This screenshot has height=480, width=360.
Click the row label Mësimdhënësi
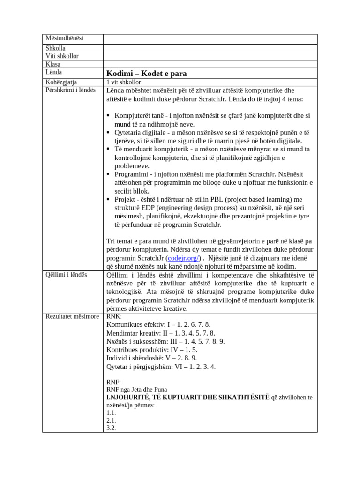tap(65, 38)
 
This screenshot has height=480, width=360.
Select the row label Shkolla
tap(56, 48)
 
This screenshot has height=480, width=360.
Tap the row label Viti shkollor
tap(62, 56)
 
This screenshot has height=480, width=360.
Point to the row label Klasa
tap(53, 64)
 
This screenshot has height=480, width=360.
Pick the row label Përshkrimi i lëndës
tap(70, 90)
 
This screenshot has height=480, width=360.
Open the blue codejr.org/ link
tap(184, 258)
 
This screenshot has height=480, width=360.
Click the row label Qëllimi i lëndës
tap(67, 274)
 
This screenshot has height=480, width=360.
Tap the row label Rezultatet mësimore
tap(72, 316)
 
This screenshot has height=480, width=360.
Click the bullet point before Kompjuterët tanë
tap(109, 116)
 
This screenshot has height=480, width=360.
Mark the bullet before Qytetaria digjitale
tap(109, 133)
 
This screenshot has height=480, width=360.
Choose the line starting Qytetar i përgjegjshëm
tap(161, 367)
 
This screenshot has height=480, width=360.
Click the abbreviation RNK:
tap(114, 316)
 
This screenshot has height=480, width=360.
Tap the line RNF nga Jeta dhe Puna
tap(137, 390)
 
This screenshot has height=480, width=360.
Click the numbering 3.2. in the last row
tap(111, 428)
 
